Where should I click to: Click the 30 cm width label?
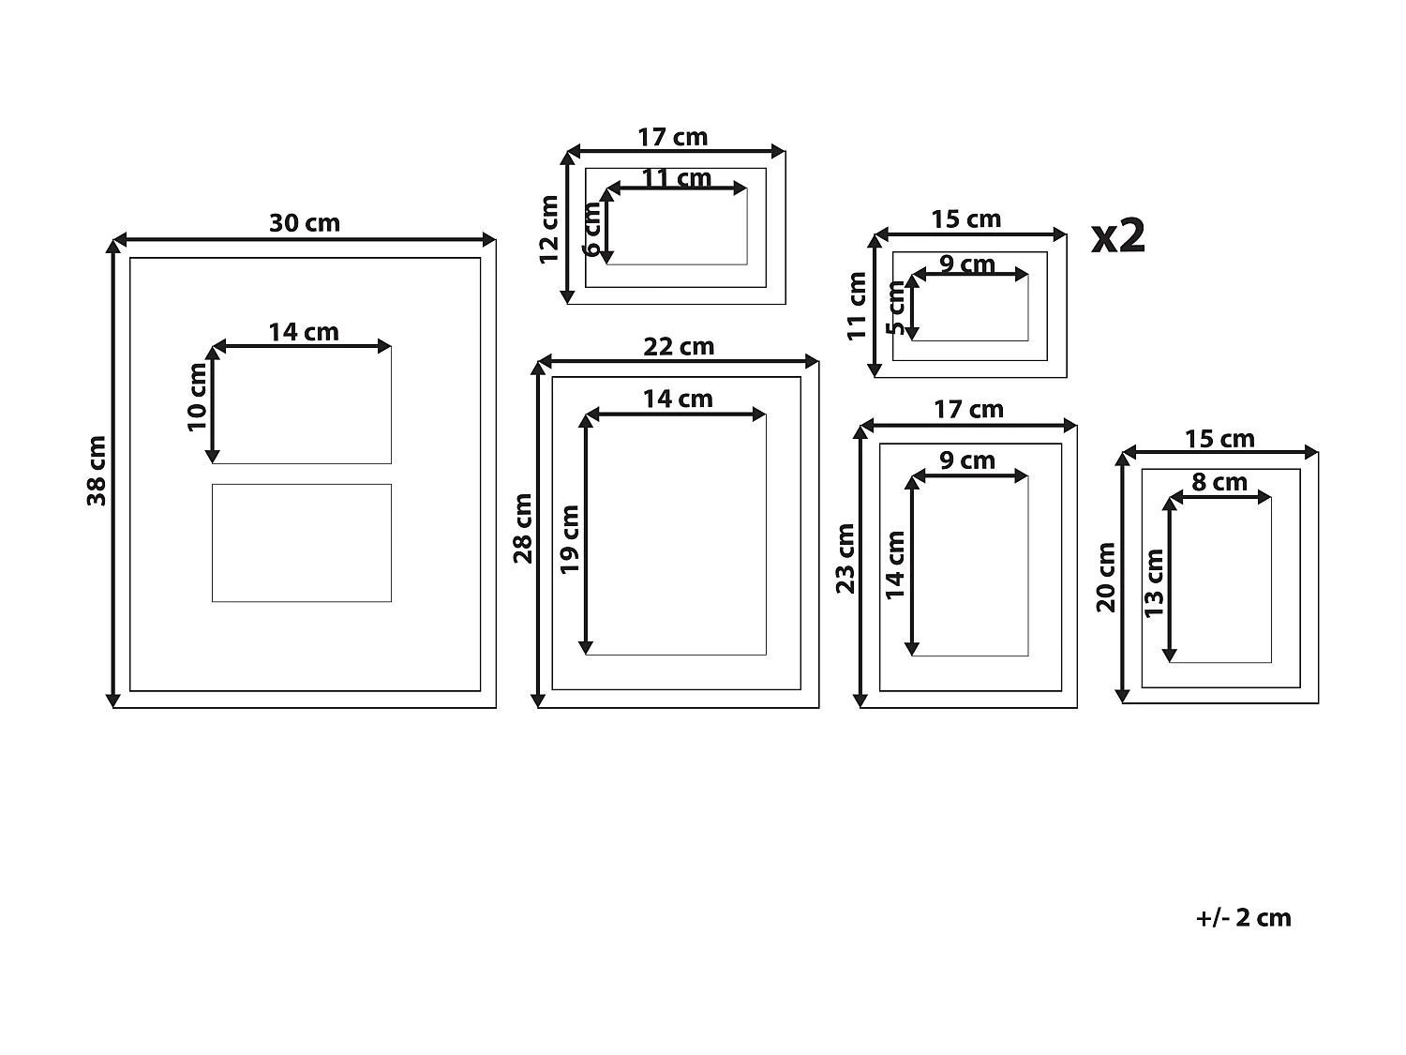click(x=305, y=223)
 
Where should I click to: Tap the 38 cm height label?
click(x=97, y=471)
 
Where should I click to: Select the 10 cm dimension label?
click(x=197, y=397)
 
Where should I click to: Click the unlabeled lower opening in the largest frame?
click(x=301, y=543)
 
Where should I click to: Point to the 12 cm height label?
click(x=549, y=230)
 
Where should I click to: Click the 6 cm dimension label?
click(x=591, y=230)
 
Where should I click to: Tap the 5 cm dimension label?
click(x=896, y=308)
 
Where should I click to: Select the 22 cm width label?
click(x=679, y=347)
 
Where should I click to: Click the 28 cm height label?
click(x=523, y=528)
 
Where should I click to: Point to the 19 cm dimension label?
click(x=570, y=539)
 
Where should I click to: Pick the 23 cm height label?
click(x=845, y=558)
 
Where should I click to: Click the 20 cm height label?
click(x=1106, y=577)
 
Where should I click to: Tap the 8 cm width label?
click(x=1219, y=483)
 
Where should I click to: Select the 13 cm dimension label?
click(x=1154, y=583)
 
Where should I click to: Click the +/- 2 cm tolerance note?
click(x=1243, y=918)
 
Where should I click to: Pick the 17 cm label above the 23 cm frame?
click(x=968, y=410)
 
